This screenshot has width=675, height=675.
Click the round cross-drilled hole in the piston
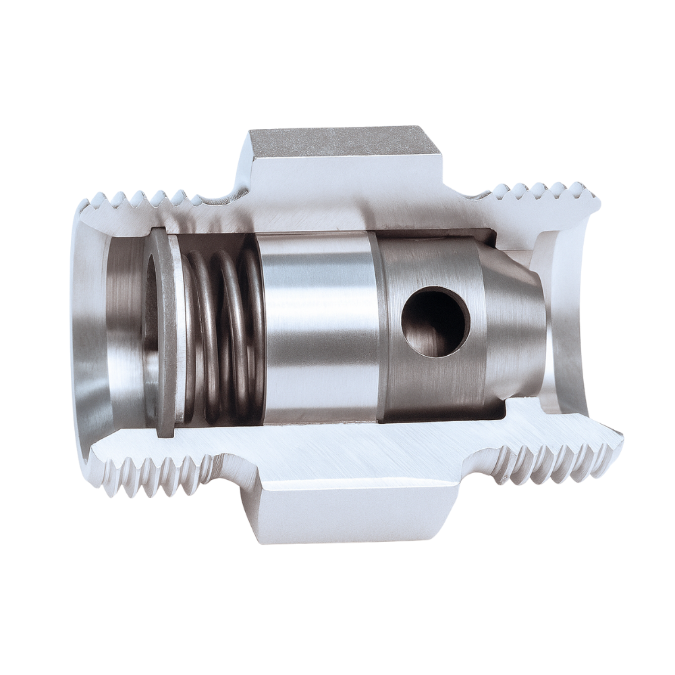click(x=435, y=321)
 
